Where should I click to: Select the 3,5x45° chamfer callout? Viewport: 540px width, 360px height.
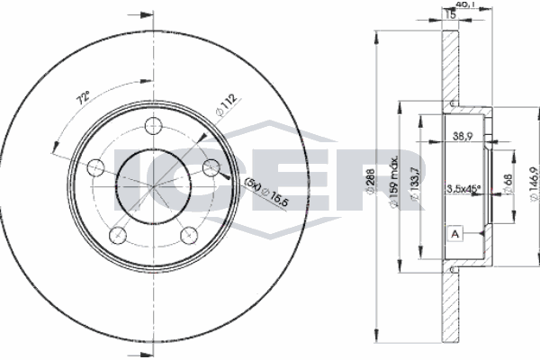point(464,190)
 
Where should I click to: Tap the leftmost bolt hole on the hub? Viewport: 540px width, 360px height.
point(95,166)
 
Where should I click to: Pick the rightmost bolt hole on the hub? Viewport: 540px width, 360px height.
point(211,166)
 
